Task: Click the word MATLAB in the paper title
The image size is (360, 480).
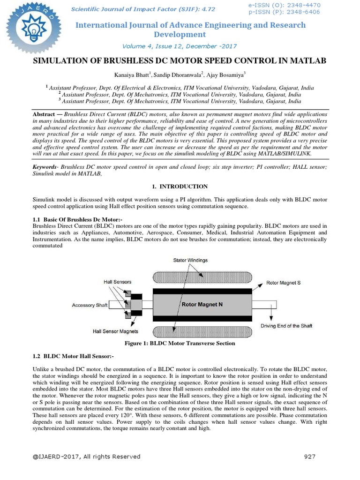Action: click(x=305, y=61)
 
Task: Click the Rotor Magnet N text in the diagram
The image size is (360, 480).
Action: click(x=202, y=304)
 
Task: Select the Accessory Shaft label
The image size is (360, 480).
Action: click(x=90, y=305)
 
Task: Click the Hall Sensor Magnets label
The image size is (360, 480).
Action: click(x=115, y=331)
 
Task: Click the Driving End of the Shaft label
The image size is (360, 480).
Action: click(x=286, y=326)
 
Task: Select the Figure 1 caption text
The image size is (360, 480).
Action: click(x=180, y=344)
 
